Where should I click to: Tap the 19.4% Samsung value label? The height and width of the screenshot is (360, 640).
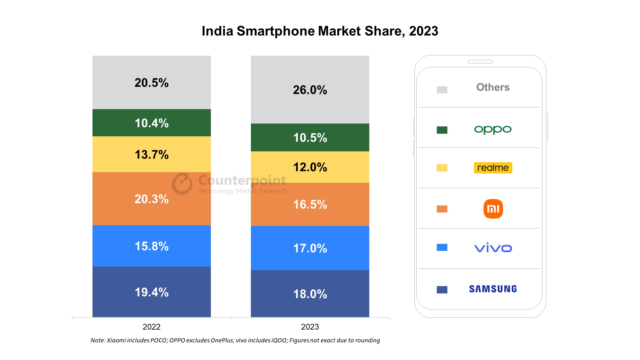(x=151, y=292)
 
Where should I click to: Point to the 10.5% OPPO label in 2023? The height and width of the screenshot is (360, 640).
(x=310, y=138)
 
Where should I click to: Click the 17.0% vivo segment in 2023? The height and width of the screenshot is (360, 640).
(x=310, y=248)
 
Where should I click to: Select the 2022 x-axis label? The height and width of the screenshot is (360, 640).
(x=151, y=327)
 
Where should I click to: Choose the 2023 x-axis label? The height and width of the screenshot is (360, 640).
(x=310, y=327)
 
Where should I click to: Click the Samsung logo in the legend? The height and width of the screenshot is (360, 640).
(x=493, y=289)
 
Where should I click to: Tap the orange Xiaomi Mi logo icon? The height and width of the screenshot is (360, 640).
(x=493, y=209)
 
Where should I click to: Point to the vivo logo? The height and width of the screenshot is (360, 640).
(x=493, y=248)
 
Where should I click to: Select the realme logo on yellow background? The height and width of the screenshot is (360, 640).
(x=493, y=168)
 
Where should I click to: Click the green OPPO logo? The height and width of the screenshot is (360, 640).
(x=493, y=129)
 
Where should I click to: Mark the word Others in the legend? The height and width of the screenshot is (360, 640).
(x=493, y=87)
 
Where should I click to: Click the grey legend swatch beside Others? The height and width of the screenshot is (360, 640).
(x=442, y=90)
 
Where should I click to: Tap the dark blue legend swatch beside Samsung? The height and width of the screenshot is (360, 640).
(x=442, y=290)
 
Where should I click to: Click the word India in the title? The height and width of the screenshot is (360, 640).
(x=217, y=31)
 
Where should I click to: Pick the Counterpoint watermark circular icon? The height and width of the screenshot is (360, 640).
(x=182, y=184)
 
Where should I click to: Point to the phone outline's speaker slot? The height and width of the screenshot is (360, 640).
(x=480, y=61)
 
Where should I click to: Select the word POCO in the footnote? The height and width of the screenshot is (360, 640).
(x=158, y=340)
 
